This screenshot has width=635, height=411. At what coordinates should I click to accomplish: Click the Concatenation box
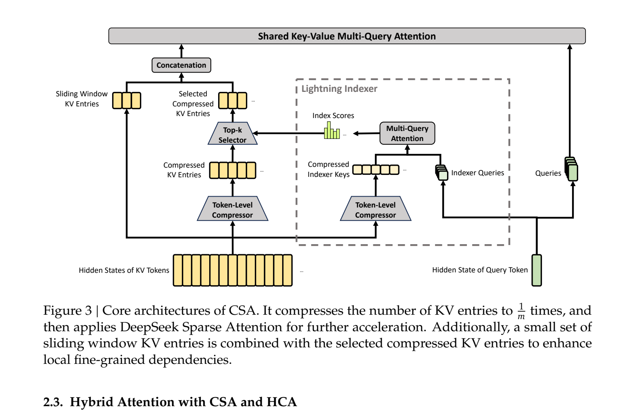[x=181, y=65]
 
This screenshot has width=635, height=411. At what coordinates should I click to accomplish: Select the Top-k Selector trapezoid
[x=233, y=135]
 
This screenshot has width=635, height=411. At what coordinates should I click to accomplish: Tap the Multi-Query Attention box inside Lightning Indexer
[x=407, y=133]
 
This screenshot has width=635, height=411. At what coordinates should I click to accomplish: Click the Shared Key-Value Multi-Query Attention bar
[x=347, y=36]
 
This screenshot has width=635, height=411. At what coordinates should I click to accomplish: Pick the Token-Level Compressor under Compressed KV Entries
[x=233, y=210]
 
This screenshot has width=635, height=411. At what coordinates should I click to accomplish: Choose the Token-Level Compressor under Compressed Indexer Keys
[x=375, y=210]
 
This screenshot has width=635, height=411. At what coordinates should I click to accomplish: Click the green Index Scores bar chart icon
[x=332, y=131]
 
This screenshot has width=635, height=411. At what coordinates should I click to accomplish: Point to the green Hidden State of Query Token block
[x=537, y=270]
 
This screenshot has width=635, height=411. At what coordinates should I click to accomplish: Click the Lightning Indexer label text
[x=339, y=89]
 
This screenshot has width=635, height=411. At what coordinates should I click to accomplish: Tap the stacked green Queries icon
[x=572, y=169]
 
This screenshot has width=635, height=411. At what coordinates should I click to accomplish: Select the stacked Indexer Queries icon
[x=442, y=173]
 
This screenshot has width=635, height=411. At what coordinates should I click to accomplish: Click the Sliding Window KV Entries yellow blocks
[x=127, y=100]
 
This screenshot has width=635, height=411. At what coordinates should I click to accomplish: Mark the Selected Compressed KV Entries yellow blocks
[x=233, y=100]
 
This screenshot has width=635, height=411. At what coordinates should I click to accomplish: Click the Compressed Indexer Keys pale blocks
[x=376, y=170]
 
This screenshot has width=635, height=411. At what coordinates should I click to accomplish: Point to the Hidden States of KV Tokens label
[x=124, y=270]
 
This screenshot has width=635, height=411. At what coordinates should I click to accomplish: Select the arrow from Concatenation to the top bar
[x=181, y=51]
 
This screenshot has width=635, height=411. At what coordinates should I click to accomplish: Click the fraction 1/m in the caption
[x=521, y=311]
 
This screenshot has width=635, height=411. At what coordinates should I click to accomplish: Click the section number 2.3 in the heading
[x=53, y=402]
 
